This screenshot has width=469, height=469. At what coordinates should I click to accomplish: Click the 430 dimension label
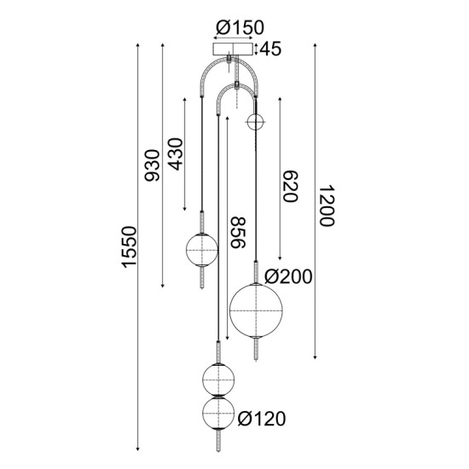point(177,153)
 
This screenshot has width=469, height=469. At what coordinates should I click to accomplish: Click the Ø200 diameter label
point(288,276)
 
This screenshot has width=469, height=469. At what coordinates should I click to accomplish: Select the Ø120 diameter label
point(263,419)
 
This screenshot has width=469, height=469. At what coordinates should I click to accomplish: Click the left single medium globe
point(203,250)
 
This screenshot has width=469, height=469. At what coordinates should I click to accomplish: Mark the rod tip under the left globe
point(203,286)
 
